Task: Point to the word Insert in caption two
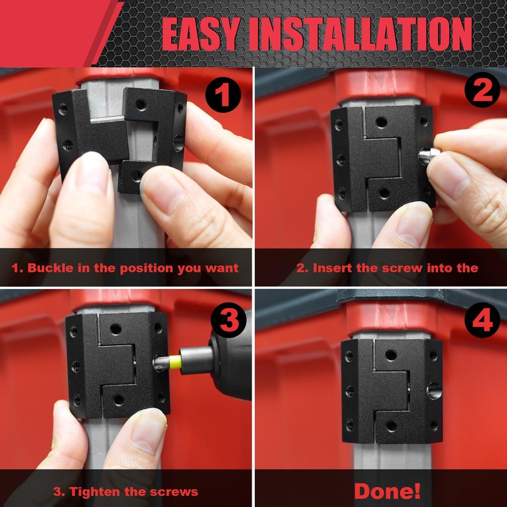click(334, 267)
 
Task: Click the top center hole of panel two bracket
click(380, 120)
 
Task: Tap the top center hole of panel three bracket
click(116, 329)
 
